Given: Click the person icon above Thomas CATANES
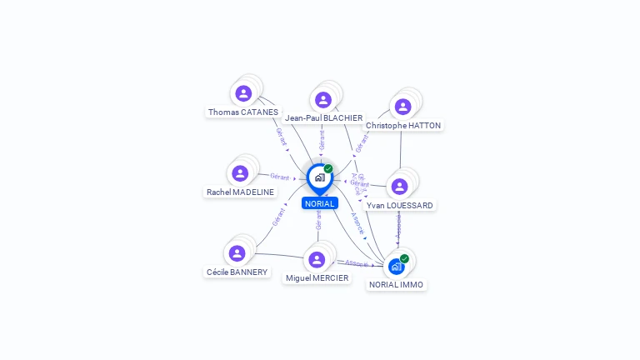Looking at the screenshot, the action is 243,93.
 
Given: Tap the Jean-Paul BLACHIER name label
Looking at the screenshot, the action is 323,118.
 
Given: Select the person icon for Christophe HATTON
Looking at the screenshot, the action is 402,107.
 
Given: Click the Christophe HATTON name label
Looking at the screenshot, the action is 403,126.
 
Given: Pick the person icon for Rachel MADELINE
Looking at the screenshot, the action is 240,173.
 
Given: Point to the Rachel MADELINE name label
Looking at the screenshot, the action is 240,192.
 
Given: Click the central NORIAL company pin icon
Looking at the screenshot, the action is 319,177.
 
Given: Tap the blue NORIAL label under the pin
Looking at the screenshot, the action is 320,203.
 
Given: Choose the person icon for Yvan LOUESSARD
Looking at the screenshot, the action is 399,186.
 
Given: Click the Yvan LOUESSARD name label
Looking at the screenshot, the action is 400,205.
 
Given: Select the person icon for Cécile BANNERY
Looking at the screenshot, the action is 237,253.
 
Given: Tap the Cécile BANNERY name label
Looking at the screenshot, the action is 237,272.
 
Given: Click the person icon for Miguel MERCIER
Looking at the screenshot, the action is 317,259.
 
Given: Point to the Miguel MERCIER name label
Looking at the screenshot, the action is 317,278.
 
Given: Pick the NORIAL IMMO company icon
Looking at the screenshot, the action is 396,267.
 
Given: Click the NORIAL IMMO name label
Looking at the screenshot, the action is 397,285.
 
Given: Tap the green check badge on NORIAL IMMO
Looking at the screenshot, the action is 404,258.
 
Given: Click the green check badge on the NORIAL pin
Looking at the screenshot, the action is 328,169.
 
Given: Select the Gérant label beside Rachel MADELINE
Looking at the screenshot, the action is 279,177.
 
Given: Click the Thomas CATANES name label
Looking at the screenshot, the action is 243,112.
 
